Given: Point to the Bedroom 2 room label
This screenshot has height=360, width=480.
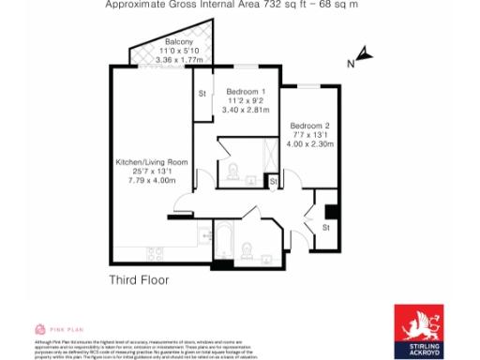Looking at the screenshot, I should click(x=309, y=126).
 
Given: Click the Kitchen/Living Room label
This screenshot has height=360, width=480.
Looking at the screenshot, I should click(x=150, y=161).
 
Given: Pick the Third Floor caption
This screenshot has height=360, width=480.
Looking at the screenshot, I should click(x=138, y=280).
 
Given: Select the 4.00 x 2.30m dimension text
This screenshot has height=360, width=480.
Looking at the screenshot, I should click(x=310, y=143).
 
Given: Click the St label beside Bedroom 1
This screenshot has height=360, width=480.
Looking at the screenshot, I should click(x=202, y=94).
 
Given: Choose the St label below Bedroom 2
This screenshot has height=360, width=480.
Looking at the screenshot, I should click(x=325, y=227).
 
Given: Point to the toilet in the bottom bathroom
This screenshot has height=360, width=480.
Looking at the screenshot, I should click(x=247, y=248).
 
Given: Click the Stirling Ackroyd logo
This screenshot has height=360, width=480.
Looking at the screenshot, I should click(x=419, y=330).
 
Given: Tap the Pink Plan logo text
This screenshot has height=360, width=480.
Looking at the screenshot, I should click(x=59, y=330).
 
